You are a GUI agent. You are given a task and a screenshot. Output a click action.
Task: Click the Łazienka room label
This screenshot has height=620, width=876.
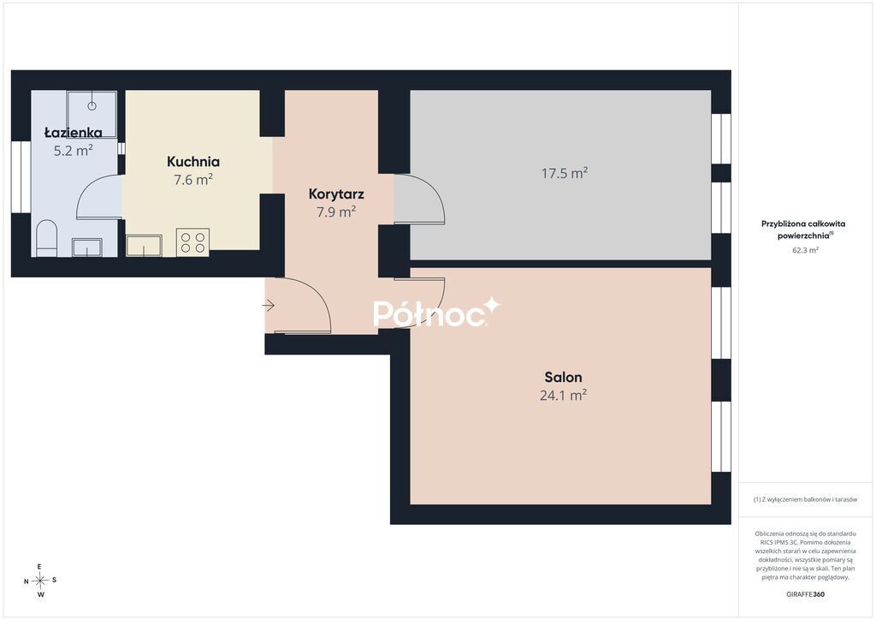(74, 133)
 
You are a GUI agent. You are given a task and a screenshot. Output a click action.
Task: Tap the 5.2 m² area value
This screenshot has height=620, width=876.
(74, 151)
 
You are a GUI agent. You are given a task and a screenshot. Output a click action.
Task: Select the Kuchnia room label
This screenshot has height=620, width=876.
(193, 162)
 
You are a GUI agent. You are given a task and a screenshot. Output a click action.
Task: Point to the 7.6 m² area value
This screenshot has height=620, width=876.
(193, 180)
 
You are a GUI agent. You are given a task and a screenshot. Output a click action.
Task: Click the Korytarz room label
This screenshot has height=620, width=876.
(336, 194)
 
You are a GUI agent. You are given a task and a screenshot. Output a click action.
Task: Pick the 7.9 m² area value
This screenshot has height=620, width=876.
(336, 212)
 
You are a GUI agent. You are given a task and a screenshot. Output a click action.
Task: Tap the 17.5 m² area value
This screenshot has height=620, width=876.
(565, 173)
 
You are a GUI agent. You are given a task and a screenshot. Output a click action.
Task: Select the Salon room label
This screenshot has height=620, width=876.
(563, 378)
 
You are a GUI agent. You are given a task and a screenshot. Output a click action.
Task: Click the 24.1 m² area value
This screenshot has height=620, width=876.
(563, 396)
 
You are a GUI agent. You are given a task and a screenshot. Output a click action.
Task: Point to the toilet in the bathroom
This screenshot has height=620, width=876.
(46, 239)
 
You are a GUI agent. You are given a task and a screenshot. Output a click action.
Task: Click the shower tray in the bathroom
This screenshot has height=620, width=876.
(92, 114)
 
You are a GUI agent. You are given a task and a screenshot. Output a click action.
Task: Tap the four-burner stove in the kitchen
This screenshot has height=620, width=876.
(192, 242)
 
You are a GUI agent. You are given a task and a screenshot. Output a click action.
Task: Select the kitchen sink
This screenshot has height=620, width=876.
(144, 246)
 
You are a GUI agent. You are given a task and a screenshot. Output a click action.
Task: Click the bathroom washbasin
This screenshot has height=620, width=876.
(87, 247)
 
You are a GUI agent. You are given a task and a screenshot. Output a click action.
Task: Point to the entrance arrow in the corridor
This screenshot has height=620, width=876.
(268, 306)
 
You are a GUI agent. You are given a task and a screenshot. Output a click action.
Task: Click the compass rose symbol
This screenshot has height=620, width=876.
(40, 581)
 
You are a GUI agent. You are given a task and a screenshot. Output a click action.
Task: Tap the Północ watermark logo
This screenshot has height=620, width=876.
(436, 312)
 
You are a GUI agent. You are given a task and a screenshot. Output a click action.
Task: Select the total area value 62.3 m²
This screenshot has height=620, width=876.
(805, 250)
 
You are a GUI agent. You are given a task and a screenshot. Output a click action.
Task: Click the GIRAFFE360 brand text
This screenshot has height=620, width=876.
(805, 594)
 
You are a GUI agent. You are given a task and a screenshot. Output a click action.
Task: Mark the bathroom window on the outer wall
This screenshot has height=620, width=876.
(21, 176)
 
